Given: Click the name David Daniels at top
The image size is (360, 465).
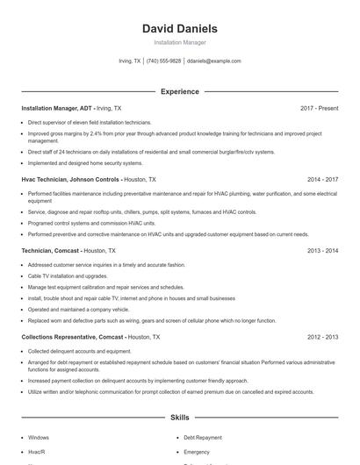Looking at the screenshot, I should pos(179,28).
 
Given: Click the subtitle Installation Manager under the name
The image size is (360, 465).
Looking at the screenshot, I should pos(179,42).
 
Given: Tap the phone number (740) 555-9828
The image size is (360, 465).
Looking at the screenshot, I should pos(163,61).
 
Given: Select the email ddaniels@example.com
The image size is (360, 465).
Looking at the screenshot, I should pos(214,61).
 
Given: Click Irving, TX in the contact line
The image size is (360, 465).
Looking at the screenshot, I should pos(129,61).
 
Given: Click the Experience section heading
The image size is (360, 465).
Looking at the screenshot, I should pos(179,91).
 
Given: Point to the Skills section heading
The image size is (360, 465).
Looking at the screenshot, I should pos(179,418).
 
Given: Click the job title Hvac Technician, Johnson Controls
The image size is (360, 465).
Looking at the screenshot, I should pos(71,179).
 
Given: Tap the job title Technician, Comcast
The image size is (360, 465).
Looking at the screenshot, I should pos(51,250).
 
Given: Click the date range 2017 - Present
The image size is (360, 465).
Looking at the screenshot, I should pos(319,108).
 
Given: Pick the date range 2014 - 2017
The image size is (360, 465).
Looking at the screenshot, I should pos(322,179).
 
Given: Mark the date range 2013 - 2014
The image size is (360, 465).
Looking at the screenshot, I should pos(322,250).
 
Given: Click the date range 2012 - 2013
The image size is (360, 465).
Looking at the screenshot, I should pos(322,337).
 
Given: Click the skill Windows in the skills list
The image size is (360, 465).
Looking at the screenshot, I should pos(39,437).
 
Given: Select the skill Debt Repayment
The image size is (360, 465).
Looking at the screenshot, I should pos(203,437).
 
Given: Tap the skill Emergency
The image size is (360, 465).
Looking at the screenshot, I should pos(198,452).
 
